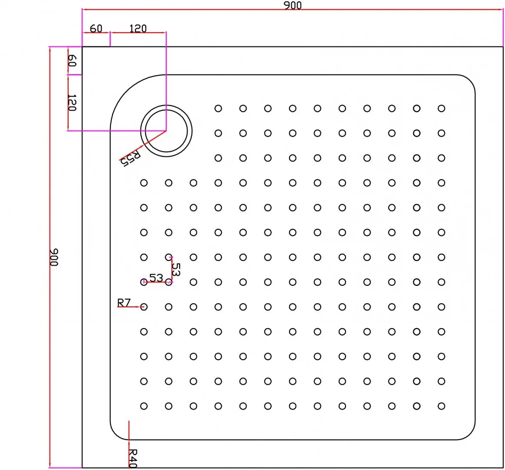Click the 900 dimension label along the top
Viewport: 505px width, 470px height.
(292, 5)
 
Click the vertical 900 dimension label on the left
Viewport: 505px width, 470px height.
(54, 257)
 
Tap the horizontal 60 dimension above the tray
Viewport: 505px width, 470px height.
(96, 29)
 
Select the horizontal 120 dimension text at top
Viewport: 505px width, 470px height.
(138, 29)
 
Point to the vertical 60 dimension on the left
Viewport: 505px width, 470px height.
(72, 60)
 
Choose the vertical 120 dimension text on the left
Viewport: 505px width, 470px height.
(72, 103)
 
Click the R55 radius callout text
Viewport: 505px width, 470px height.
(130, 158)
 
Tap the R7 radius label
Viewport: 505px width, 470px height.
(124, 302)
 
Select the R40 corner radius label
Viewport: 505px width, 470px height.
(133, 458)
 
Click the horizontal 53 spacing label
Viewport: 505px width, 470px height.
(156, 277)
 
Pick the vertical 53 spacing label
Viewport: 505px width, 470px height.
(176, 269)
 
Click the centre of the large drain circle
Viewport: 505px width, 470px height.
(166, 131)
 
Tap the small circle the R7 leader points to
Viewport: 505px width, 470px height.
(144, 307)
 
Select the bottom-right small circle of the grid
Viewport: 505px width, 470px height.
(441, 406)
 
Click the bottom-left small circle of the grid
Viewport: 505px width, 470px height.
(144, 406)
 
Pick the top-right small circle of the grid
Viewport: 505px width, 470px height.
(441, 108)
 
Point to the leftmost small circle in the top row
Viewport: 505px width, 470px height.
(218, 108)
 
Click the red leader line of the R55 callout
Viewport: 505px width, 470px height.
(143, 146)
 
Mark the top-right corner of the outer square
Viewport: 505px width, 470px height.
(503, 47)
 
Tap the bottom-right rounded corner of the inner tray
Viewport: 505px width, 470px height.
(470, 434)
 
